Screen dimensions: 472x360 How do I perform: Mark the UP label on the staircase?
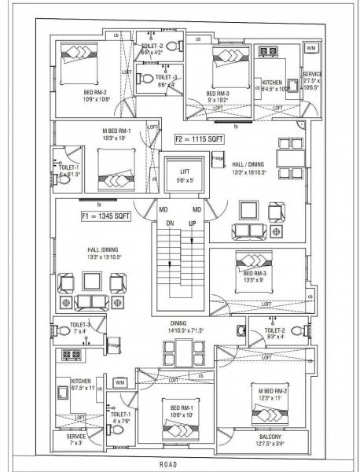[192, 224]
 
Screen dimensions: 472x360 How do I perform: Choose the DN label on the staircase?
[168, 224]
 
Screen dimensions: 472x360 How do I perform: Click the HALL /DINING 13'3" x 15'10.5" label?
[104, 253]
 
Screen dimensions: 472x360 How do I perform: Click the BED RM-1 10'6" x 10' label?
[175, 410]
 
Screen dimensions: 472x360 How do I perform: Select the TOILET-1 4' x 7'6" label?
[120, 418]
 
